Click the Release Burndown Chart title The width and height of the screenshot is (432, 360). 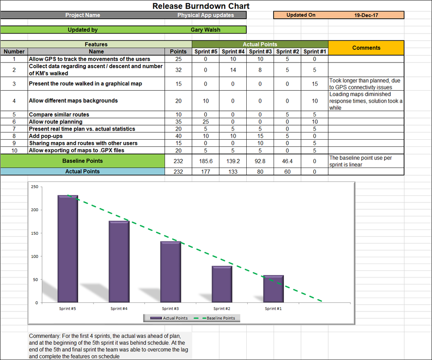[x=201, y=6]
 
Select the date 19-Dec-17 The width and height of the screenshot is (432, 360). [x=366, y=15]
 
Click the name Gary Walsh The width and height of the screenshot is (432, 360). [x=205, y=30]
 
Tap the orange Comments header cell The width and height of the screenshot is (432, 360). [x=366, y=48]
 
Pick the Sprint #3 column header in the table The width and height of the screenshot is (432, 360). [x=261, y=52]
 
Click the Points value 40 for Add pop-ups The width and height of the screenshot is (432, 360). [x=179, y=136]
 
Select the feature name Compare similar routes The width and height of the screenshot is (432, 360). [x=59, y=115]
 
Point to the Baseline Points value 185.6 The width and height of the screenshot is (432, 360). [x=205, y=161]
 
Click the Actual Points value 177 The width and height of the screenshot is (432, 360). [x=205, y=171]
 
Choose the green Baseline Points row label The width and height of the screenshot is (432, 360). [x=83, y=161]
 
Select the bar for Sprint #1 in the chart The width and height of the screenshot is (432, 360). [x=273, y=288]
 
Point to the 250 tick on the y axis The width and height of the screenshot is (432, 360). [x=34, y=187]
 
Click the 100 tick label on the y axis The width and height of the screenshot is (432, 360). [x=34, y=256]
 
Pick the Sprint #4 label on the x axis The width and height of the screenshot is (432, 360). [x=119, y=309]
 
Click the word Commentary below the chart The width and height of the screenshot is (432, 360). [x=44, y=336]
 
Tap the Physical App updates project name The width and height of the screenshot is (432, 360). [x=205, y=15]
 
